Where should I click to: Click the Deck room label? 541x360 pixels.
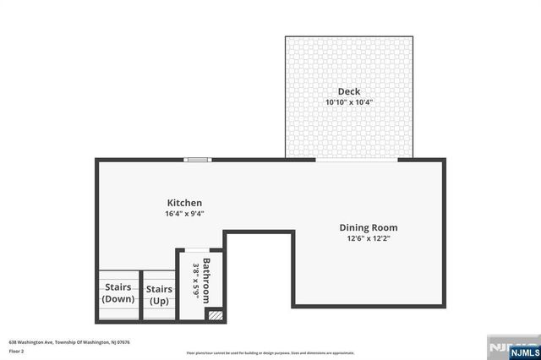pyautogui.click(x=349, y=91)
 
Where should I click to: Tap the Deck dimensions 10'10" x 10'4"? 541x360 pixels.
pyautogui.click(x=349, y=102)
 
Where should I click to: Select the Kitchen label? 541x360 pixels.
pyautogui.click(x=184, y=203)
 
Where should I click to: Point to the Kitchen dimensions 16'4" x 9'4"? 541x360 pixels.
pyautogui.click(x=184, y=214)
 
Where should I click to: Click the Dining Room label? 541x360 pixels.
pyautogui.click(x=369, y=227)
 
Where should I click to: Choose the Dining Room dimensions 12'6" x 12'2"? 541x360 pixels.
pyautogui.click(x=369, y=238)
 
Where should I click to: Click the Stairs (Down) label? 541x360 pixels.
pyautogui.click(x=117, y=292)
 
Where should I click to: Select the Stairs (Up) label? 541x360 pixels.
pyautogui.click(x=159, y=295)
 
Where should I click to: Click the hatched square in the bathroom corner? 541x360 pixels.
pyautogui.click(x=216, y=314)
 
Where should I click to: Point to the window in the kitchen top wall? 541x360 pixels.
pyautogui.click(x=199, y=159)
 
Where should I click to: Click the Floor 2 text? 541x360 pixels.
pyautogui.click(x=17, y=350)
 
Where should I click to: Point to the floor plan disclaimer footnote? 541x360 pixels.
pyautogui.click(x=270, y=352)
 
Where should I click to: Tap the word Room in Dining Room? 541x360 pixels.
pyautogui.click(x=384, y=227)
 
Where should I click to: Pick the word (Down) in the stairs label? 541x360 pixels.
pyautogui.click(x=117, y=298)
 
